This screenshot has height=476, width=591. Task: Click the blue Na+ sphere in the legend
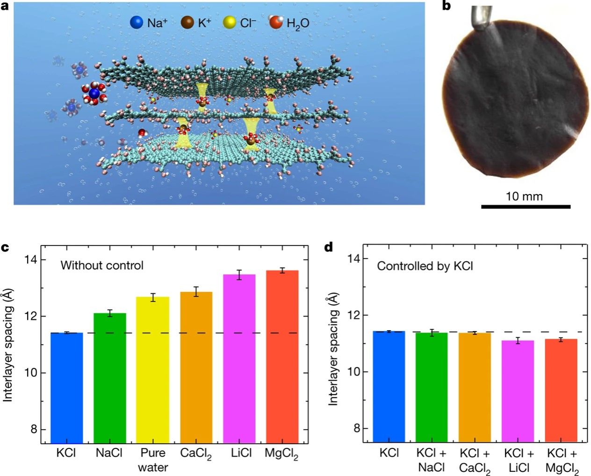pyautogui.click(x=137, y=22)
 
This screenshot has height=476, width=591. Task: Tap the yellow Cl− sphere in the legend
pyautogui.click(x=230, y=22)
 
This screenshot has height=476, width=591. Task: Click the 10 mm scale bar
pyautogui.click(x=526, y=206)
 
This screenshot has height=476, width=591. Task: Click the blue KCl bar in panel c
pyautogui.click(x=67, y=388)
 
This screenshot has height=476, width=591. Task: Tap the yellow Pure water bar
pyautogui.click(x=153, y=369)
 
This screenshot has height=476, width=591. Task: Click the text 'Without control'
pyautogui.click(x=102, y=266)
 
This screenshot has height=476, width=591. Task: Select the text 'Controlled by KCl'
pyautogui.click(x=425, y=266)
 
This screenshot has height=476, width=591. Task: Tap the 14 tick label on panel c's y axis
pyautogui.click(x=31, y=260)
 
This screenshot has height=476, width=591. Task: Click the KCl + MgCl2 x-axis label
pyautogui.click(x=562, y=461)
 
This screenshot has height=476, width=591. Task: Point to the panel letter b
pyautogui.click(x=446, y=6)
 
